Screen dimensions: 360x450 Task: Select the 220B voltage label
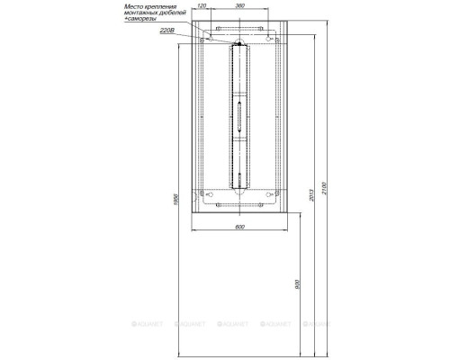coord(166,31)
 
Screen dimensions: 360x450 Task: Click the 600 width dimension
coord(239,227)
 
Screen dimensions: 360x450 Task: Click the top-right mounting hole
coord(271,39)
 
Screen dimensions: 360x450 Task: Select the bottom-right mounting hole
coord(271,194)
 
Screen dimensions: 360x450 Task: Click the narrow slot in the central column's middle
coord(239,115)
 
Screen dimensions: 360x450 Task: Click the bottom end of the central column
coord(239,186)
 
